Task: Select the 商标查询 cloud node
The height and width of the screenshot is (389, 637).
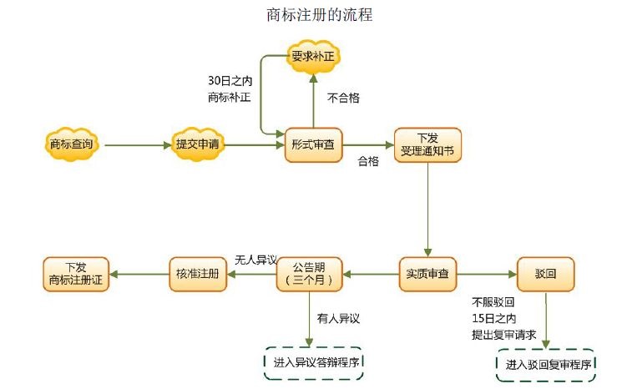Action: [72, 144]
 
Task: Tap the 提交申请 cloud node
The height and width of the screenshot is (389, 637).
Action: [198, 144]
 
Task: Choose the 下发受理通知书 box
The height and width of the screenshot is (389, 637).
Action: [427, 144]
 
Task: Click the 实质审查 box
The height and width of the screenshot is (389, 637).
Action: [428, 274]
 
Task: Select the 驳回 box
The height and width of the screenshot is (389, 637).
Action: [545, 274]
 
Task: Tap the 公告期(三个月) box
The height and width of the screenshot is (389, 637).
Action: [309, 274]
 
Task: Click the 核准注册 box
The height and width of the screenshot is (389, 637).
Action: [198, 274]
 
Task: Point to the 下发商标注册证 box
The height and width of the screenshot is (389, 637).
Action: [76, 274]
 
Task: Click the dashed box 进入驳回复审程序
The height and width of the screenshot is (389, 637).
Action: [547, 365]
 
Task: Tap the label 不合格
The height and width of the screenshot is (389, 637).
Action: [343, 98]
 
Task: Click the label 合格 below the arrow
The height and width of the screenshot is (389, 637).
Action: [368, 161]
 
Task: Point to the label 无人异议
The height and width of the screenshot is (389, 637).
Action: [255, 259]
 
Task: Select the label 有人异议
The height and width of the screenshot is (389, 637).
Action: [338, 318]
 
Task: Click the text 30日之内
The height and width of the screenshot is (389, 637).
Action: [230, 82]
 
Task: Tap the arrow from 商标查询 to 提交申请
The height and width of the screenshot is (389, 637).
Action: [135, 145]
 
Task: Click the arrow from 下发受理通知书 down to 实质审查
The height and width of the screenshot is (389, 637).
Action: [427, 209]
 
